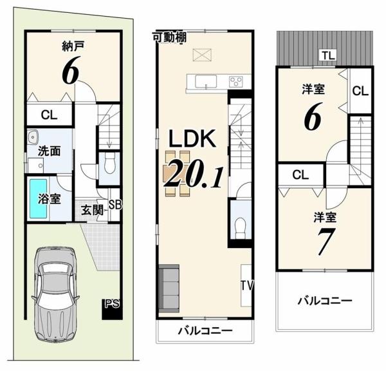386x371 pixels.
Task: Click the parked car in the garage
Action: pos(55,294)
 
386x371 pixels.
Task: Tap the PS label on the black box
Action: pos(112,304)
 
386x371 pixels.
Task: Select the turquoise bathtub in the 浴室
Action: pos(39,198)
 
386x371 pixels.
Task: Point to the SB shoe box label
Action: pos(115,204)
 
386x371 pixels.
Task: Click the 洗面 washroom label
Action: pos(50,151)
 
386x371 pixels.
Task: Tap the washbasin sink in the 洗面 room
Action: pos(32,137)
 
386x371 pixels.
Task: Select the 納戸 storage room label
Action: pos(73,46)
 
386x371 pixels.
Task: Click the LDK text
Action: pos(192,138)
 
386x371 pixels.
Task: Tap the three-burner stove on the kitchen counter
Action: pos(236,81)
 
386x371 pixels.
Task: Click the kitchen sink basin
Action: pos(206,81)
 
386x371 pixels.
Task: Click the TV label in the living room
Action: pos(247,286)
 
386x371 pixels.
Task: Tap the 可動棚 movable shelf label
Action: pos(170,37)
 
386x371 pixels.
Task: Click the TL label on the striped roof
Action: pos(329,55)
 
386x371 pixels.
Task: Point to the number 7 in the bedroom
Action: pos(325,241)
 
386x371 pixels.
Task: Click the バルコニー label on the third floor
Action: pos(325,301)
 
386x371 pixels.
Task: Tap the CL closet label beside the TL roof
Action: pos(360,91)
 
